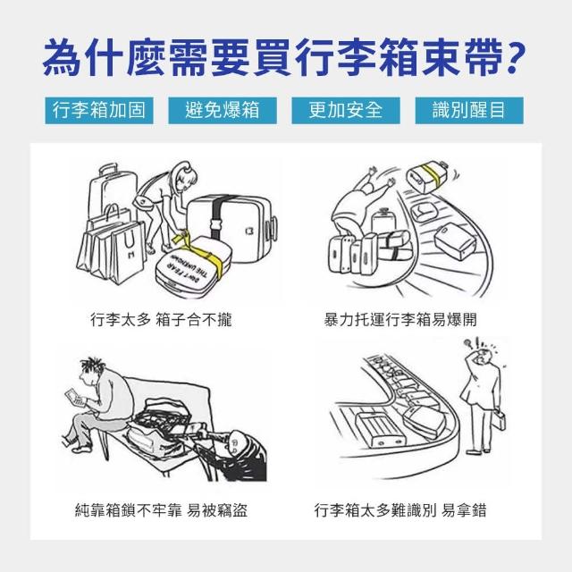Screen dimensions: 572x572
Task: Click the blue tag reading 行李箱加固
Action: click(99, 110)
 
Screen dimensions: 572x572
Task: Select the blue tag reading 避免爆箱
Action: click(223, 110)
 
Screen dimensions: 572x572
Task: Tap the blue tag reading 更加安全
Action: click(346, 110)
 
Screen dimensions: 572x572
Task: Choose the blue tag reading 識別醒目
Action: click(469, 110)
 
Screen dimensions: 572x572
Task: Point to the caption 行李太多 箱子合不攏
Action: click(161, 320)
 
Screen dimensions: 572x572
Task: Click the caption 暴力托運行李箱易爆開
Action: click(400, 320)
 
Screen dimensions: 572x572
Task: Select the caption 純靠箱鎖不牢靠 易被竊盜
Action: click(161, 510)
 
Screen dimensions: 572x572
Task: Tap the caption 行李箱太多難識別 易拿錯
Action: click(400, 510)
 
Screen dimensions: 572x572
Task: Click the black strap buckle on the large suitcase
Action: click(216, 223)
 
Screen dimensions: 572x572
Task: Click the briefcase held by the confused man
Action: click(499, 421)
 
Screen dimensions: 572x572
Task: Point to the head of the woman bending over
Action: click(185, 175)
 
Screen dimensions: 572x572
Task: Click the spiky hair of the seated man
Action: click(91, 365)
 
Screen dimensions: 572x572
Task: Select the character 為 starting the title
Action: click(62, 58)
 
